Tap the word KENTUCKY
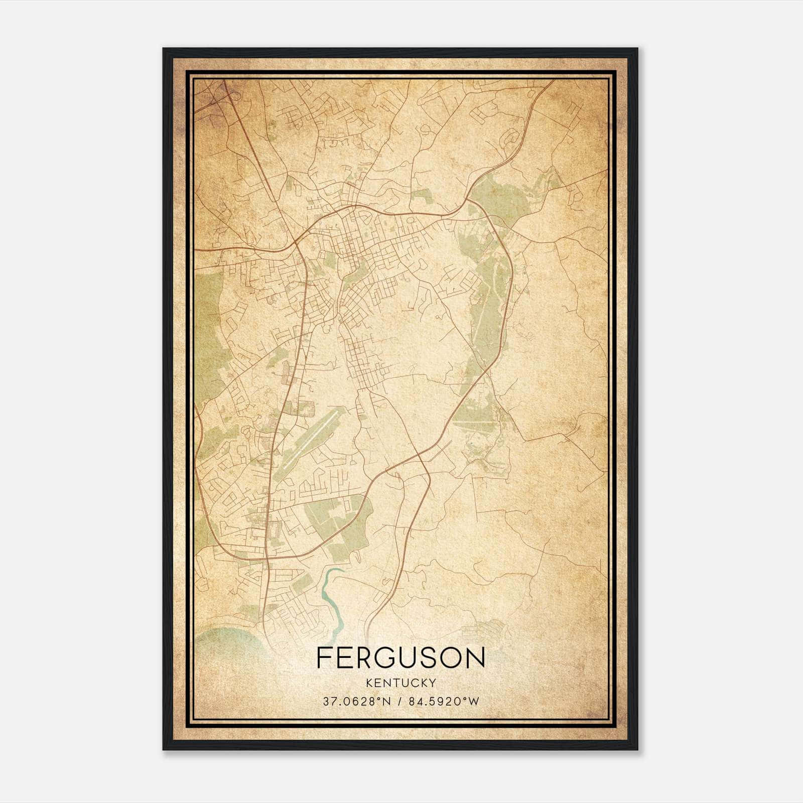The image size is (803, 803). [401, 683]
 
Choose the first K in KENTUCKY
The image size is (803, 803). [369, 683]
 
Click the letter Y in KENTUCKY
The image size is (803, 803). [433, 683]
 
